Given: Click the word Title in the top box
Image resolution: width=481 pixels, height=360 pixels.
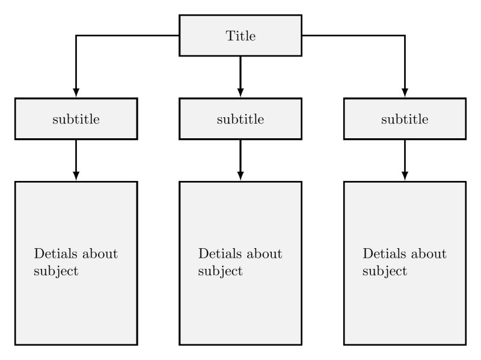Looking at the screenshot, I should click(240, 36).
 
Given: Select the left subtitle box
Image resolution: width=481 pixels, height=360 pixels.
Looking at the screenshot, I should click(76, 119).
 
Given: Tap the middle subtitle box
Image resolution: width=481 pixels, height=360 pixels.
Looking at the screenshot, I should click(240, 119).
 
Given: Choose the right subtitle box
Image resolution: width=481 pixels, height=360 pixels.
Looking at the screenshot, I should click(405, 119).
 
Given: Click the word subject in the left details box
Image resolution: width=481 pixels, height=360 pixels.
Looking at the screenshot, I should click(56, 271).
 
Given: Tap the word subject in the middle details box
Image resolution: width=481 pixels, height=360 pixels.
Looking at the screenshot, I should click(220, 271).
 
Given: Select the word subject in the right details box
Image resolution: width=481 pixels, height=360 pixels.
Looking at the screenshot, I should click(385, 271).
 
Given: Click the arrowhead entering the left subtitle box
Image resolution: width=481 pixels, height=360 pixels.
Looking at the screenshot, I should click(76, 93).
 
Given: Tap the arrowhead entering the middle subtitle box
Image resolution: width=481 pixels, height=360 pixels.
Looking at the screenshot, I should click(240, 93).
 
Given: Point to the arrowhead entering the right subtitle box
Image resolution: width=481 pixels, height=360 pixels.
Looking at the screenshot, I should click(405, 93).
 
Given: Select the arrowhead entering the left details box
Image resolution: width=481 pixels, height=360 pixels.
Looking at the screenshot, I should click(76, 175).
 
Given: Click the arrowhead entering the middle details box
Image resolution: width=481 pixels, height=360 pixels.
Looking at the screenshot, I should click(240, 175).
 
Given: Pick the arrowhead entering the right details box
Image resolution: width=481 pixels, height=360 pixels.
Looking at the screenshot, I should click(405, 175).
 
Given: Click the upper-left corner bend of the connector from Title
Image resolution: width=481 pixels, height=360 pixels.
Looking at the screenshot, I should click(76, 35).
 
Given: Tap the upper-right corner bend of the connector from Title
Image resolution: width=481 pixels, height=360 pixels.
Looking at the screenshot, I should click(405, 35).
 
